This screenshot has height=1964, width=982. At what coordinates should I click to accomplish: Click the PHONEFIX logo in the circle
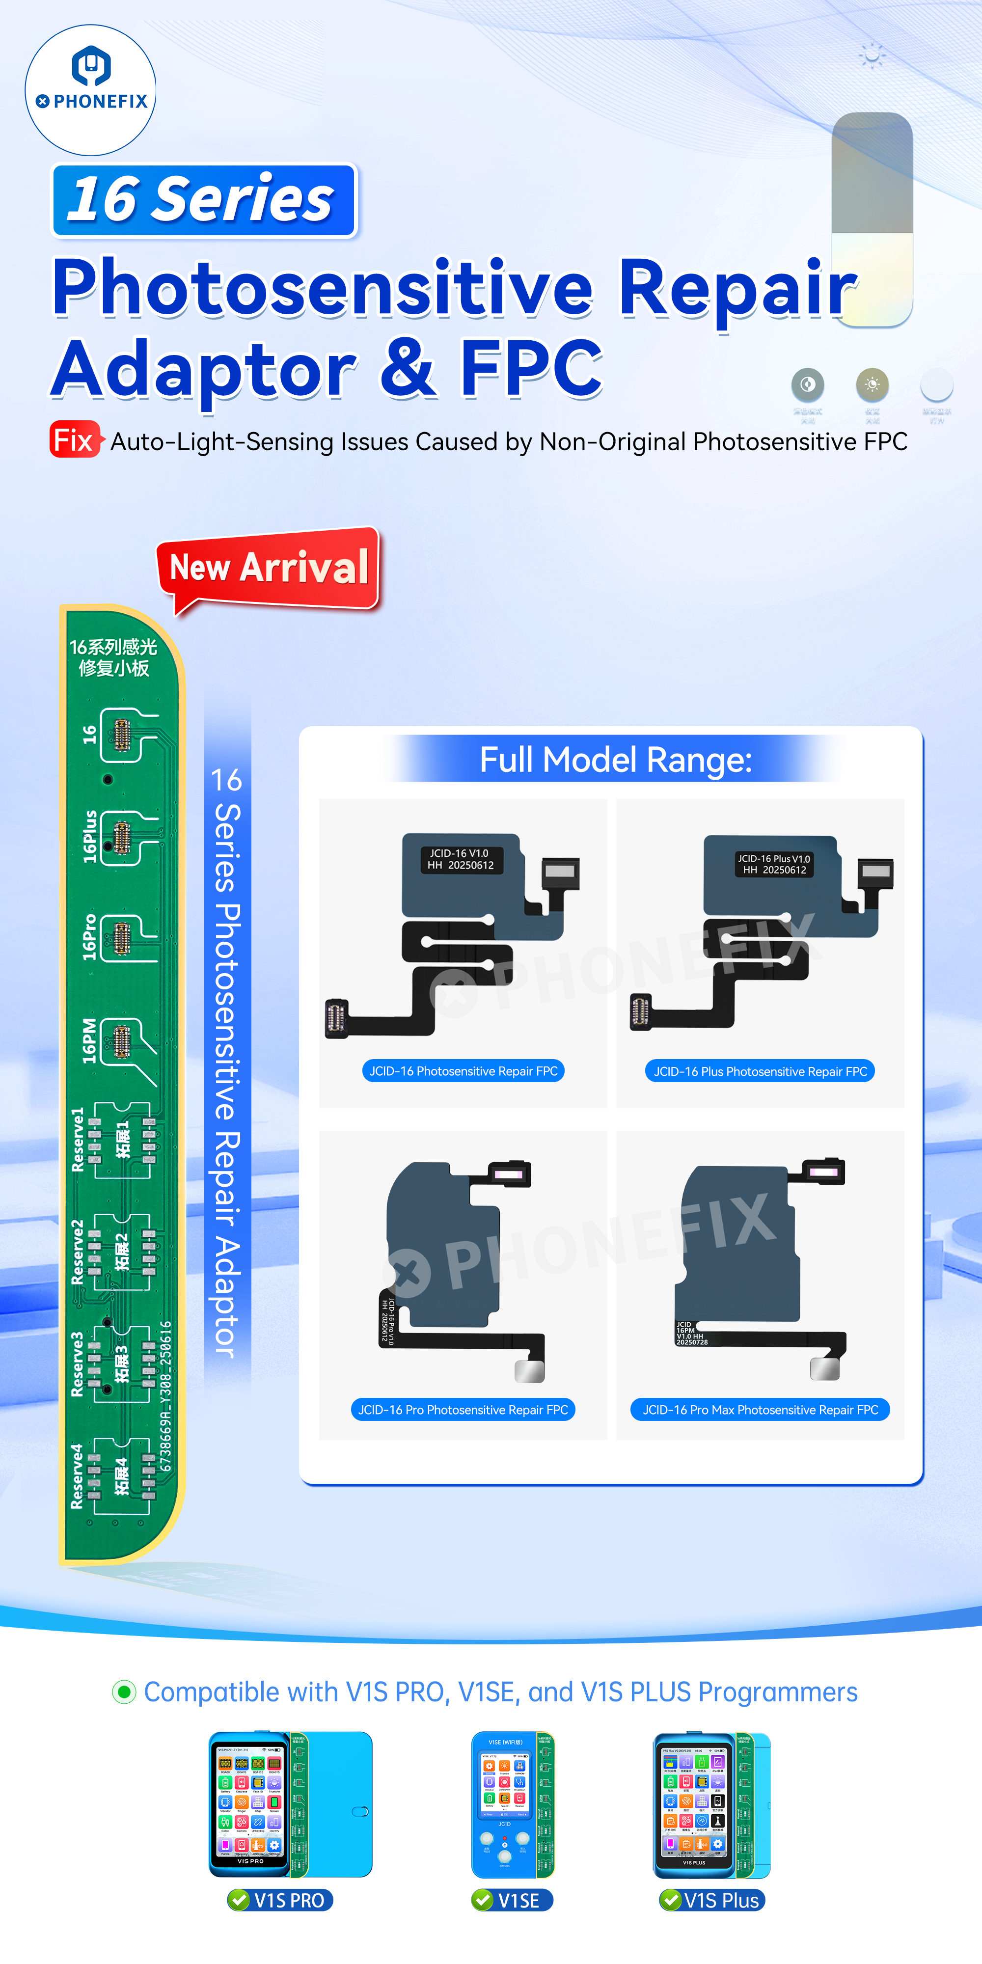[91, 90]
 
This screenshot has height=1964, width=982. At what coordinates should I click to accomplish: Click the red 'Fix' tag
[74, 440]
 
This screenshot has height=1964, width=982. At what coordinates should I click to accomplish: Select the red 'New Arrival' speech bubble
[269, 568]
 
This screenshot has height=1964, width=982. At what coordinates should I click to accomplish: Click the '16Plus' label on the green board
[90, 836]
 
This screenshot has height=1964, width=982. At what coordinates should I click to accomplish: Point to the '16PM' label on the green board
[90, 1041]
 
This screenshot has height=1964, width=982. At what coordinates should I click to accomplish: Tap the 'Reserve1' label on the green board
[78, 1139]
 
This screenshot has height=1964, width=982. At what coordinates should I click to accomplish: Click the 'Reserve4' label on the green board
[78, 1476]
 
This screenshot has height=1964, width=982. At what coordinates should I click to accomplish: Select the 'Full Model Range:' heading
[615, 760]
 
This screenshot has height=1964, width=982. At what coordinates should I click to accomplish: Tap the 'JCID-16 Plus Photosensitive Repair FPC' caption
[760, 1071]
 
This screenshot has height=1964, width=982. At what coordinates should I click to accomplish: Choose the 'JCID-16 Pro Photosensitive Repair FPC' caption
[463, 1410]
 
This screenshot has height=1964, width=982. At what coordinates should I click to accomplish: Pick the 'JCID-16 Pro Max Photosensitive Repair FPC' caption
[760, 1410]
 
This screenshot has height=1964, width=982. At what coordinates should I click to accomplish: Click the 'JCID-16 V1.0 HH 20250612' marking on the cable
[461, 859]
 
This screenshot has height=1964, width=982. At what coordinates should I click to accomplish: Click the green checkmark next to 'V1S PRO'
[240, 1900]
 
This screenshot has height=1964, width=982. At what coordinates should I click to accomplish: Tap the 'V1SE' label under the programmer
[518, 1901]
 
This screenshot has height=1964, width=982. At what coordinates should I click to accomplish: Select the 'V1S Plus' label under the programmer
[720, 1901]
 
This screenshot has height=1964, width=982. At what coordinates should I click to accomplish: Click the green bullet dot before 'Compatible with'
[124, 1692]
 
